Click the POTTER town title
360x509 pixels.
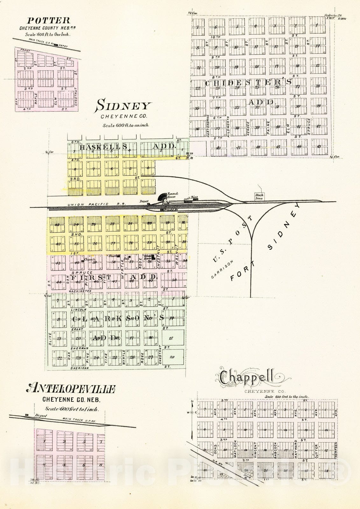click(49, 21)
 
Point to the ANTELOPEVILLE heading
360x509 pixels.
click(72, 388)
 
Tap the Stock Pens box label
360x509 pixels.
click(259, 197)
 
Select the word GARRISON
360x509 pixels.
click(222, 269)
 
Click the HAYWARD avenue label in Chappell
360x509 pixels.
click(296, 449)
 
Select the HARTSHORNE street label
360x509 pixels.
click(208, 126)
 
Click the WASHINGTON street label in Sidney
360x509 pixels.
click(80, 291)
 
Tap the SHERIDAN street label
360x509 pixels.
click(80, 368)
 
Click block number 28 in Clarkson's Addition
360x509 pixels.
click(172, 357)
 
